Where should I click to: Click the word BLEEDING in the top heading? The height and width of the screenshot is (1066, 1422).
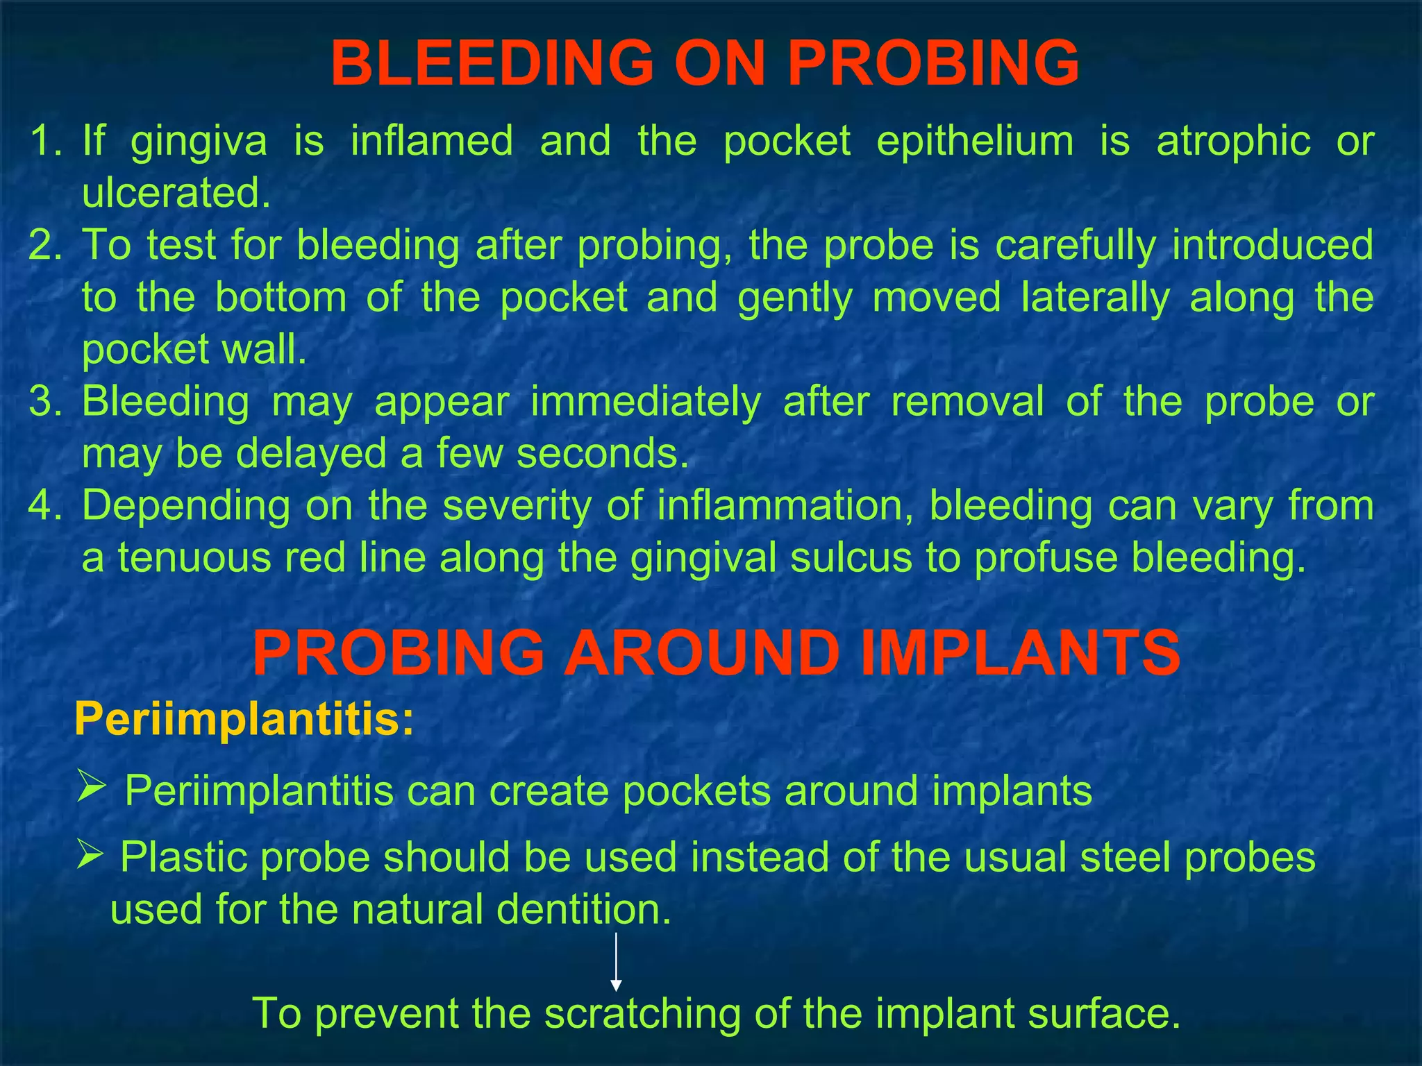(x=492, y=64)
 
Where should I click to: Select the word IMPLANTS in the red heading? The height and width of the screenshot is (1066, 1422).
(x=1020, y=654)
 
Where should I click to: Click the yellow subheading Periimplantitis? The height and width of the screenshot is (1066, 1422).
(x=244, y=719)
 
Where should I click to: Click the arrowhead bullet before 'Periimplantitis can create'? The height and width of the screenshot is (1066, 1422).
(x=92, y=786)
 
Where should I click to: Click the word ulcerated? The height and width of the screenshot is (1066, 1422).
(x=176, y=193)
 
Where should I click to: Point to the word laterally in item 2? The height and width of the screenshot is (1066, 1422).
(x=1095, y=298)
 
